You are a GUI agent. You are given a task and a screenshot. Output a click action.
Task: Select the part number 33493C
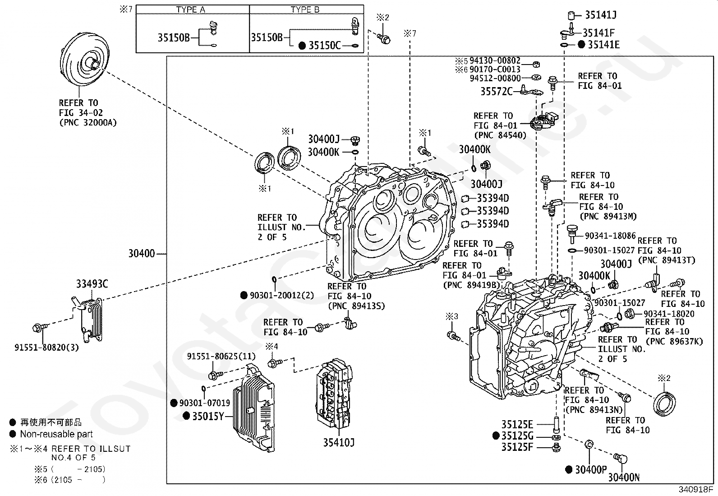pos(92,284)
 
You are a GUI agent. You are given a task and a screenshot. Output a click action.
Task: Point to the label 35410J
pos(338,443)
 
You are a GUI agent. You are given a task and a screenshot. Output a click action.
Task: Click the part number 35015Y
pos(208,416)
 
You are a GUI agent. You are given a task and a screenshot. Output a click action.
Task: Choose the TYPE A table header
pos(193,10)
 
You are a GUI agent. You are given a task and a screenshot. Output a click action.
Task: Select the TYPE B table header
pos(306,10)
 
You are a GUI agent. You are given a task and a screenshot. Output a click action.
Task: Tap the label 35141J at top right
pos(601,15)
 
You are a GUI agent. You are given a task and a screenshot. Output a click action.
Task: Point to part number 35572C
pos(496,92)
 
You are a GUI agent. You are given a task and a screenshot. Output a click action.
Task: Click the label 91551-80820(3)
pos(46,348)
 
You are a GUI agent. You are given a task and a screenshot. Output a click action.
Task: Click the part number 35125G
pos(517,436)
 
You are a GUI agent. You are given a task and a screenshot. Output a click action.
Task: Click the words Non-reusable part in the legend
pos(56,434)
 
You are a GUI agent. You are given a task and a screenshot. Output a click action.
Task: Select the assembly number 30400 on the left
pos(142,254)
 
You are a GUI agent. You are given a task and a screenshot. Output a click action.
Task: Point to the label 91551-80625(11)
pos(221,357)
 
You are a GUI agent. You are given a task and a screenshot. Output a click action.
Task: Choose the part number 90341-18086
pos(610,236)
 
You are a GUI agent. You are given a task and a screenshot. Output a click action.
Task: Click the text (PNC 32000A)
pos(87,122)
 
